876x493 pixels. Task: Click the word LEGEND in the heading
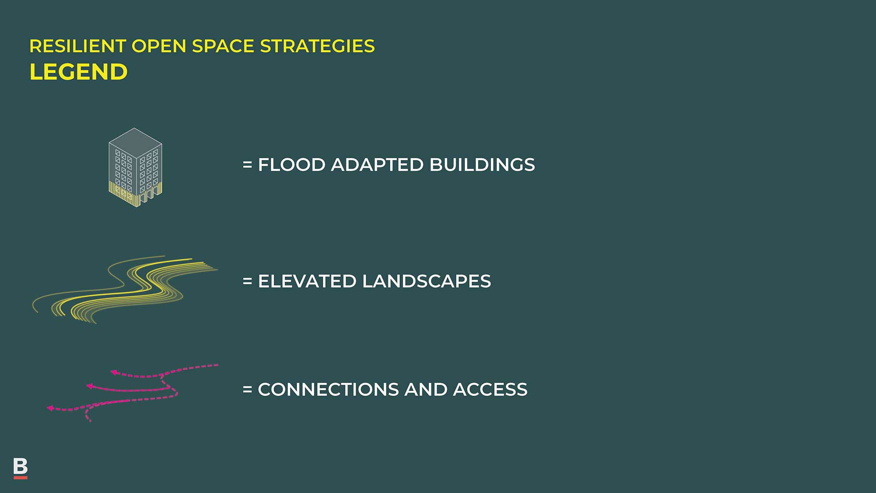(78, 72)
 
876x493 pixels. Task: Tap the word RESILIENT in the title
(78, 46)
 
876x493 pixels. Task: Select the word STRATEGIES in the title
(318, 46)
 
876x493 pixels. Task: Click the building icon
(135, 167)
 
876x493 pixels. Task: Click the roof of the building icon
(135, 143)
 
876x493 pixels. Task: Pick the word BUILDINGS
(482, 165)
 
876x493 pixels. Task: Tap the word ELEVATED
(307, 281)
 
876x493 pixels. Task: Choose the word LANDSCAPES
(427, 281)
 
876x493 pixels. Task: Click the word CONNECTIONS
(328, 390)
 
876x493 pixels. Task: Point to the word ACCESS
(490, 390)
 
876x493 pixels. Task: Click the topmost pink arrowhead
(113, 372)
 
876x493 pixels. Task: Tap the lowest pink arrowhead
(50, 408)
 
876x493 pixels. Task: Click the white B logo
(21, 467)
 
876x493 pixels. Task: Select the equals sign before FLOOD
(247, 165)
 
